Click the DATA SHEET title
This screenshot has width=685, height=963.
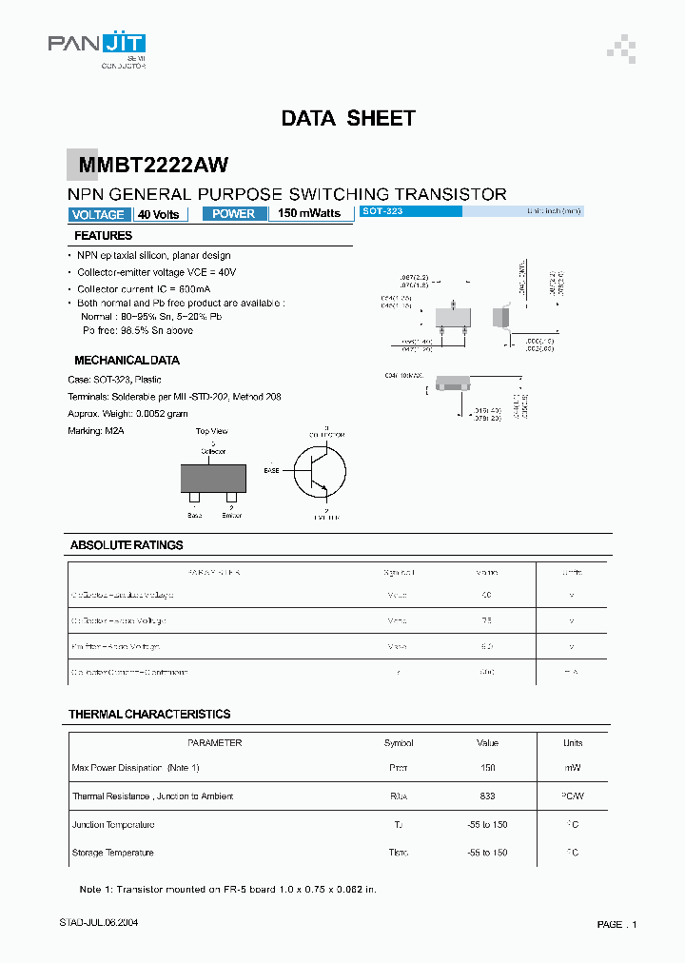[x=348, y=119]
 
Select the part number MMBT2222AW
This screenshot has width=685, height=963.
[x=153, y=166]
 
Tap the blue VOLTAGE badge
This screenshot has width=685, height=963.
[x=98, y=214]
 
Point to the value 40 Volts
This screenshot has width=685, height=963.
[x=158, y=214]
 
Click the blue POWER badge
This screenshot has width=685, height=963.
[x=233, y=214]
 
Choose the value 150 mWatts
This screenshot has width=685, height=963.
[x=309, y=214]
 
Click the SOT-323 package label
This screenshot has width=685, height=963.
[x=382, y=211]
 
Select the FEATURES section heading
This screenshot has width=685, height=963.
[x=103, y=236]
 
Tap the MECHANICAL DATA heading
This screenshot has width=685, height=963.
[x=127, y=361]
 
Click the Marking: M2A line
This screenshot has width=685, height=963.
[x=97, y=431]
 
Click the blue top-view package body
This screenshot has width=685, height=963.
[x=213, y=478]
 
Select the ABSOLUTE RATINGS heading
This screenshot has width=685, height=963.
[x=127, y=545]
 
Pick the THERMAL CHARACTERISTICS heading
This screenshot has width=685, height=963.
[x=149, y=714]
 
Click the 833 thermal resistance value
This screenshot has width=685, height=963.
[x=487, y=796]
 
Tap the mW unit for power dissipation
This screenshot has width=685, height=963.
[x=572, y=768]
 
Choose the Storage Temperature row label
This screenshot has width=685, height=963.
[x=113, y=853]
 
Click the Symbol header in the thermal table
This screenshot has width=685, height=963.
[x=399, y=743]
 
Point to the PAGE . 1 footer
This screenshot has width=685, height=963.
[x=616, y=925]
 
